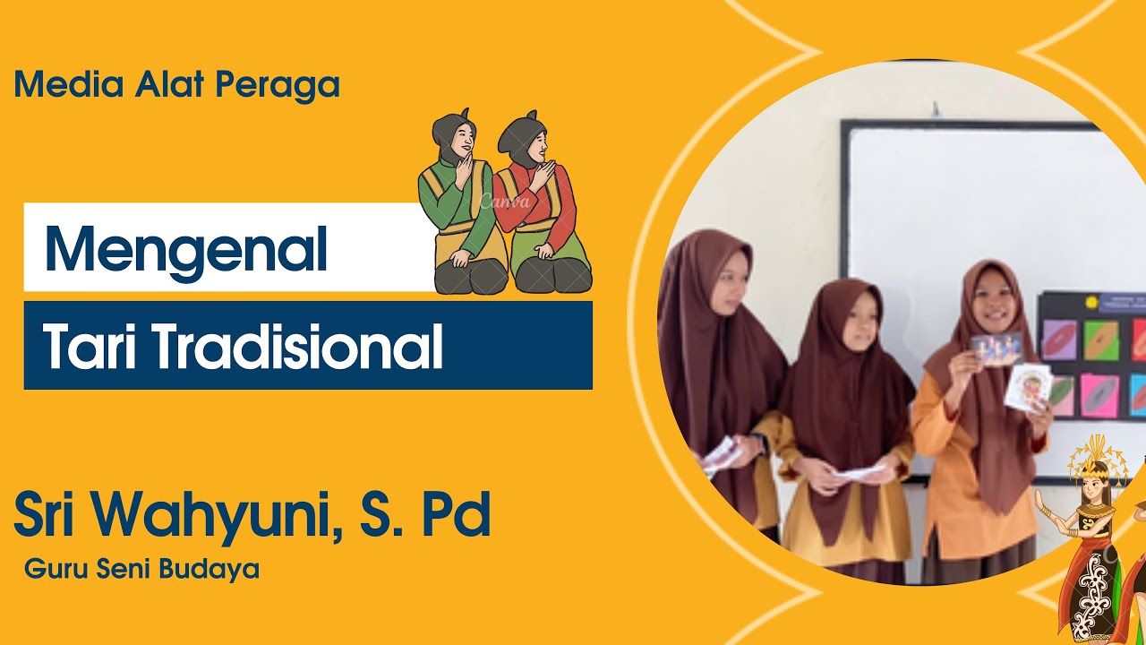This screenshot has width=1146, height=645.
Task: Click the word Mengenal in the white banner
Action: (x=186, y=248)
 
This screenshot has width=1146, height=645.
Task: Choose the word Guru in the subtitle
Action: (x=50, y=569)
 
